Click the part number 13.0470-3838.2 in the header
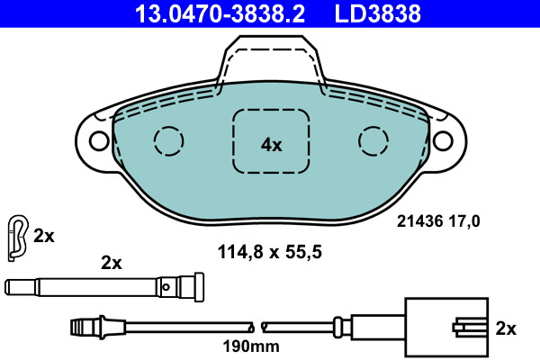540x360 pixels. pyautogui.click(x=220, y=13)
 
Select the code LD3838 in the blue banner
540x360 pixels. pyautogui.click(x=378, y=13)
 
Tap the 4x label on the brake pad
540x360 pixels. pyautogui.click(x=272, y=145)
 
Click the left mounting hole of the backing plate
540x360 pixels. pyautogui.click(x=99, y=140)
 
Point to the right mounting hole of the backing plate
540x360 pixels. pyautogui.click(x=443, y=140)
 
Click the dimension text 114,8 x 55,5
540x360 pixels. pyautogui.click(x=270, y=252)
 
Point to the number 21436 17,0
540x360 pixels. pyautogui.click(x=438, y=220)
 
